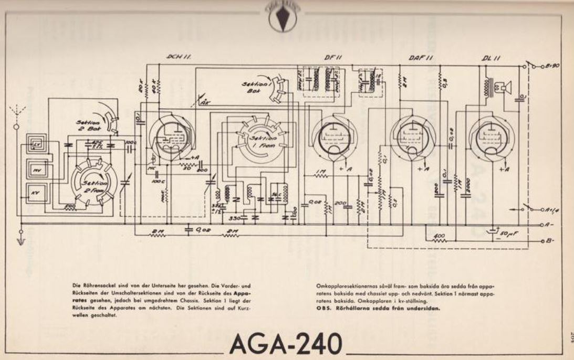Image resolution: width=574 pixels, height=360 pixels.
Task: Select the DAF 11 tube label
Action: click(x=420, y=57)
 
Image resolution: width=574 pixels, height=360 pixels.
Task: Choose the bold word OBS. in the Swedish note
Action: click(x=325, y=308)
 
